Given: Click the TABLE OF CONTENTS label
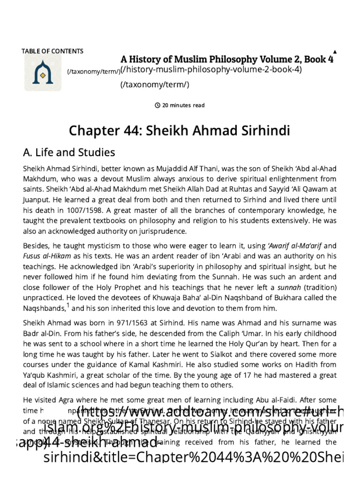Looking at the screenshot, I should pyautogui.click(x=52, y=51).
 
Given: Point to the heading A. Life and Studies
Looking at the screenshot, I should pyautogui.click(x=68, y=152).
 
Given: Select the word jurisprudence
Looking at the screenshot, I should pyautogui.click(x=147, y=231).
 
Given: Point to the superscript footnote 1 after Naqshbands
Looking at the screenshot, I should pyautogui.click(x=67, y=306).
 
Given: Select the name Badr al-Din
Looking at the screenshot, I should pyautogui.click(x=38, y=333).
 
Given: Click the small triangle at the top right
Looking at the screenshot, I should pyautogui.click(x=334, y=51).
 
